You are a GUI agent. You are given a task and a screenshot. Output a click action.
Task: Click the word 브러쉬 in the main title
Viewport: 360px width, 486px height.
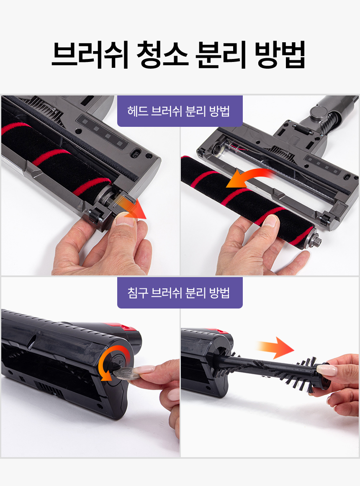[90, 54]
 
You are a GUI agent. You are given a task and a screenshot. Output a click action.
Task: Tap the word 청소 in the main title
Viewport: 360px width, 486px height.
[162, 54]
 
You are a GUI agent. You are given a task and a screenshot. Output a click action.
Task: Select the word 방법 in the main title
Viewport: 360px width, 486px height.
[280, 54]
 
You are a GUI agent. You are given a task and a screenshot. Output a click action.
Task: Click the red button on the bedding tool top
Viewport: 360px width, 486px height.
[125, 327]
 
